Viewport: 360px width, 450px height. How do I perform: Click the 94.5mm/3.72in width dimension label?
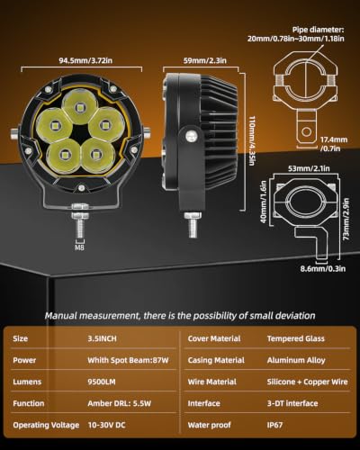click(85, 60)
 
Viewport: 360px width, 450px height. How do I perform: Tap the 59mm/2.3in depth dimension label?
click(205, 60)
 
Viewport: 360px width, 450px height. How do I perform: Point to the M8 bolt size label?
click(79, 247)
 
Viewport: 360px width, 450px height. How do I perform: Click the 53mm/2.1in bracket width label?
click(309, 168)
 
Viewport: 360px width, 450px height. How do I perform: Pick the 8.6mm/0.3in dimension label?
click(323, 268)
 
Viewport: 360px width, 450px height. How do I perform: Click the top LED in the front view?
click(80, 107)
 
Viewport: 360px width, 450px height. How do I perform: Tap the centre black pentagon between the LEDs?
click(79, 132)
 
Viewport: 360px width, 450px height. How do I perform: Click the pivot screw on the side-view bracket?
click(190, 136)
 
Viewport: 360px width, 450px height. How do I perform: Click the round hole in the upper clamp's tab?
click(306, 131)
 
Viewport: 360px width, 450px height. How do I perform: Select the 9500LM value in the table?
click(102, 382)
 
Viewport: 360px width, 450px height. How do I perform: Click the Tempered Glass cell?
click(296, 338)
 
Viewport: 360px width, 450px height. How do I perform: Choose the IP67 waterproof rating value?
click(274, 425)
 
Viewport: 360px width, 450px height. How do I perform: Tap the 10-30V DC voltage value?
click(106, 425)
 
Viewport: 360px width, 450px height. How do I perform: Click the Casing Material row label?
click(216, 360)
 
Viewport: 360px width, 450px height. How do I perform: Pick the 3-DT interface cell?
click(292, 403)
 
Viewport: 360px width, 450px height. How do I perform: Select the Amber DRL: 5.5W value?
click(119, 403)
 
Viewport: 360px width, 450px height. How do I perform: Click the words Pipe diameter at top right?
click(318, 30)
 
